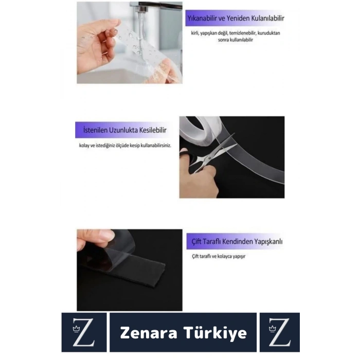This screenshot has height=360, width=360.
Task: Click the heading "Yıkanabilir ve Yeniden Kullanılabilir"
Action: [236, 19]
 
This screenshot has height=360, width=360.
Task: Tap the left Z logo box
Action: [84, 332]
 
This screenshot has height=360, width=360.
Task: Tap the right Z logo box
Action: [279, 332]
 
